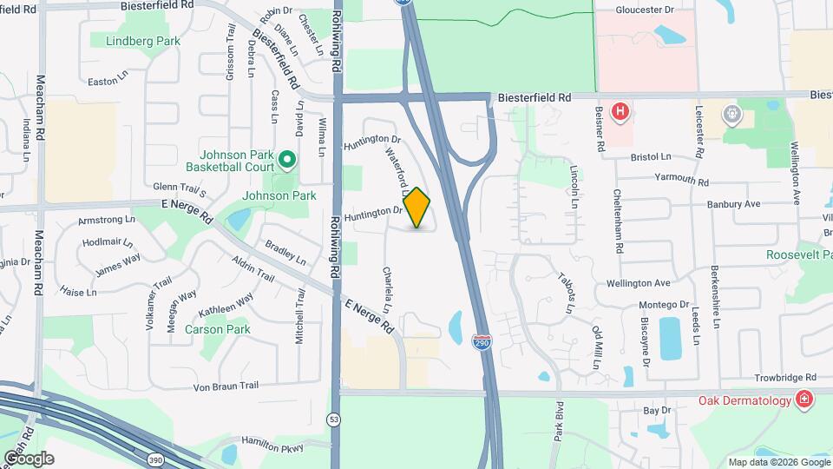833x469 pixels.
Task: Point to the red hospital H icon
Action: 620,112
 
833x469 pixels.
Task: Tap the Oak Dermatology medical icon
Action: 805,400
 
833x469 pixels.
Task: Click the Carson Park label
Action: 224,329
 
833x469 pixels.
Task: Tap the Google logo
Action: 28,458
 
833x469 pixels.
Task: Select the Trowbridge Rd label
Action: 786,378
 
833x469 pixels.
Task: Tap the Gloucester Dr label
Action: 645,10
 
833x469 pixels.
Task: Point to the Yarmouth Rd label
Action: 681,182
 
